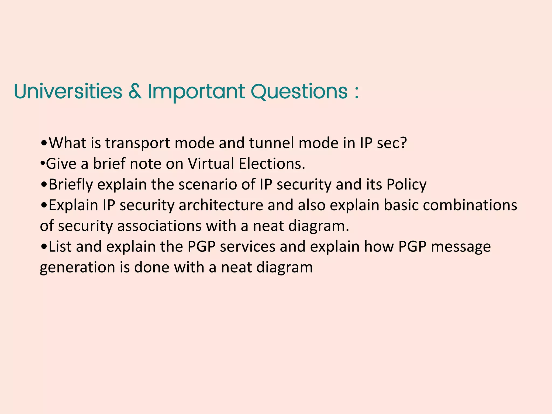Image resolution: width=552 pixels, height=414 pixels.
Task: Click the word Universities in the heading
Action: [x=68, y=92]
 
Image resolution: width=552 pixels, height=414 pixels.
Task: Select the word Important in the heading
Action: [x=196, y=92]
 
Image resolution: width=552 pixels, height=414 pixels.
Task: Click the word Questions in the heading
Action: [x=299, y=92]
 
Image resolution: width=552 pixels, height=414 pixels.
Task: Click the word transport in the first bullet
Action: [x=137, y=143]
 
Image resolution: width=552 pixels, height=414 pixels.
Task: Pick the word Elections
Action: [x=272, y=164]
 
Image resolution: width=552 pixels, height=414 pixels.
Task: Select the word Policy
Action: [x=406, y=185]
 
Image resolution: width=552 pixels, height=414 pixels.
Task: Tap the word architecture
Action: [x=221, y=205]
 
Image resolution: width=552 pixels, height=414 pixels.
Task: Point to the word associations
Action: [x=159, y=226]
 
